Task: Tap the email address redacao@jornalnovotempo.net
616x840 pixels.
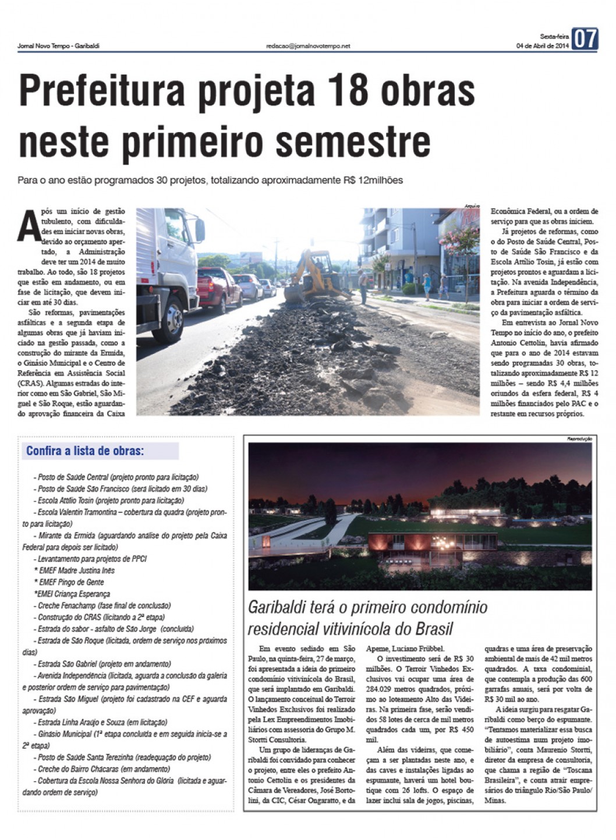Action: (x=308, y=45)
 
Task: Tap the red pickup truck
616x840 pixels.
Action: (x=218, y=288)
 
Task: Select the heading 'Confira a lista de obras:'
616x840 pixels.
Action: (x=85, y=451)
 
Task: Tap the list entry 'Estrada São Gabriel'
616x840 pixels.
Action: (x=67, y=664)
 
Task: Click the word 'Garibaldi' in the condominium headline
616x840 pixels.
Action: (x=277, y=608)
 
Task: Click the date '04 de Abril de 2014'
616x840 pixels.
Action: (x=542, y=45)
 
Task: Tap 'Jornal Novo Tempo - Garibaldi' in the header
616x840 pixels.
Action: (x=58, y=45)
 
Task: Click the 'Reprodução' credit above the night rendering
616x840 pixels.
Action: (x=579, y=438)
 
